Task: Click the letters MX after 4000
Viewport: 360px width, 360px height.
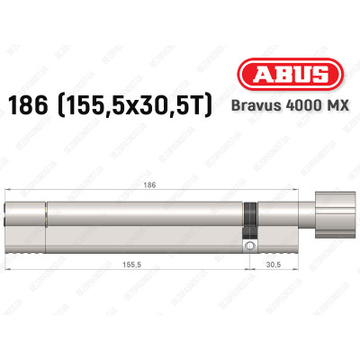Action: [336, 105]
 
